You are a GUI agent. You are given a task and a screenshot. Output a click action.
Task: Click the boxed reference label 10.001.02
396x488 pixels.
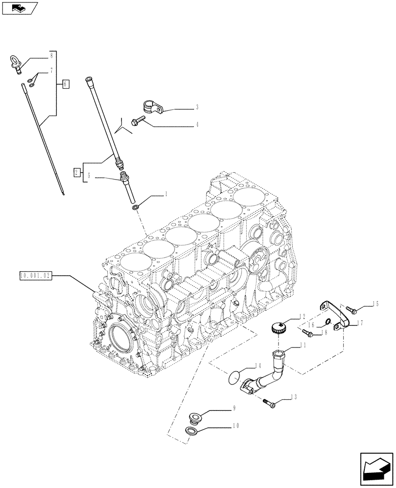[x=35, y=275]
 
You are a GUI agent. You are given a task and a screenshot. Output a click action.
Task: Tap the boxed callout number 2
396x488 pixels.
[x=77, y=172]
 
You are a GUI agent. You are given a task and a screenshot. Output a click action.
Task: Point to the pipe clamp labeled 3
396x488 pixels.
[x=152, y=106]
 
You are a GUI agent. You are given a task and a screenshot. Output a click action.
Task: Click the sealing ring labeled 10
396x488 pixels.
[x=193, y=431]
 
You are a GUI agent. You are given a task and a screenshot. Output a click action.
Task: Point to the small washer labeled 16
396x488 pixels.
[x=329, y=321]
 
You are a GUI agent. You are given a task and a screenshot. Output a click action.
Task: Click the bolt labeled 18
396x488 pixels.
[x=308, y=333]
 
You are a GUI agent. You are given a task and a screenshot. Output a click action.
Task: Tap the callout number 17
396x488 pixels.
[x=359, y=323]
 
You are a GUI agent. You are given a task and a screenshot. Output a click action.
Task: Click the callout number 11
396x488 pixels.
[x=303, y=345]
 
